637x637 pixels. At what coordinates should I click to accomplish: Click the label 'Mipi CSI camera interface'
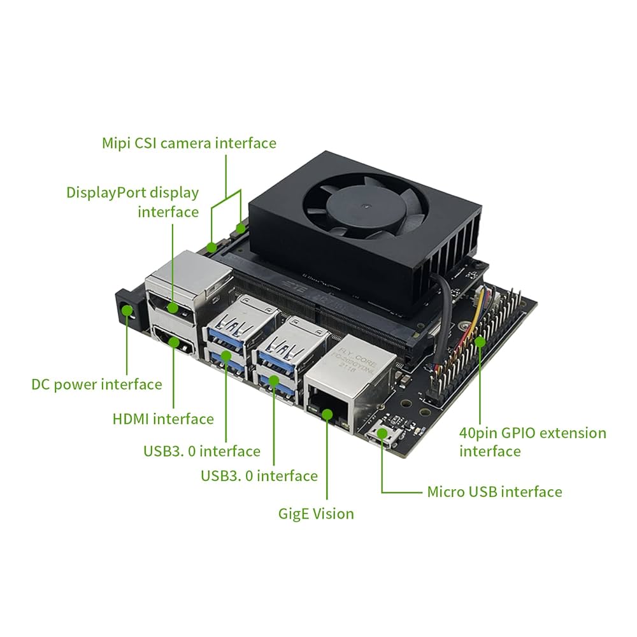point(189,143)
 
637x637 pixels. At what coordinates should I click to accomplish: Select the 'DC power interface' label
point(97,384)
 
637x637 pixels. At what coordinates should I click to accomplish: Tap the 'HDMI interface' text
point(163,419)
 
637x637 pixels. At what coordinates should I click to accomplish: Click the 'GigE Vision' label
point(316,513)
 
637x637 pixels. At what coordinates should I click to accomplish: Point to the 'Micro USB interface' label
point(494,491)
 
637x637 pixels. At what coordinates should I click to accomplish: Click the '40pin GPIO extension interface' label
point(533,441)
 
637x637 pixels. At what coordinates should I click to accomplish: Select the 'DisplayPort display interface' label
point(132,201)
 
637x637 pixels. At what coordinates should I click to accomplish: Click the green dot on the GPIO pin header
point(480,341)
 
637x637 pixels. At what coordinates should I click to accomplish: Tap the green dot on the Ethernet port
point(327,415)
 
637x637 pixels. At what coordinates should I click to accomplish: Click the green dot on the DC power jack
point(127,310)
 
